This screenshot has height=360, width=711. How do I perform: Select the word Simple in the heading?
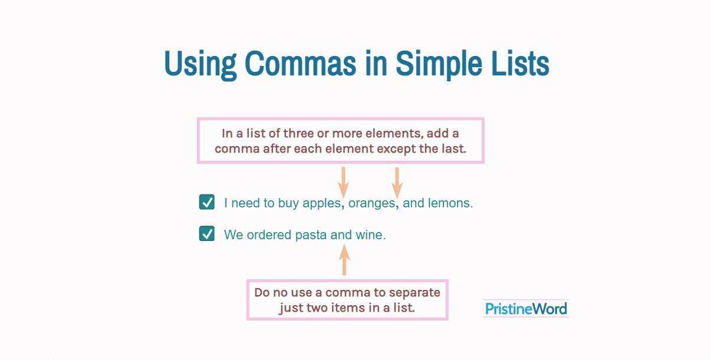(x=439, y=65)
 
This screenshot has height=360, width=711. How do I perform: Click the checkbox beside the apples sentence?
(x=207, y=202)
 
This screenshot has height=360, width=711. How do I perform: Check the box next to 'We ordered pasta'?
(x=207, y=233)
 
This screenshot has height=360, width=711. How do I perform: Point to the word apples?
(x=322, y=204)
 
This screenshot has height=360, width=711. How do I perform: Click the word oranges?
(x=371, y=204)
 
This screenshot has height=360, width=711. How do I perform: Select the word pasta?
(x=311, y=235)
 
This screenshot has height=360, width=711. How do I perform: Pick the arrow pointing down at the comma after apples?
(x=344, y=183)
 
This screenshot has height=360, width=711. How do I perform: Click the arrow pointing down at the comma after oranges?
(x=397, y=183)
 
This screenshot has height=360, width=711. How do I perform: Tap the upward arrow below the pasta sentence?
(x=344, y=259)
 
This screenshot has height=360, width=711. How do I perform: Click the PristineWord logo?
(x=526, y=309)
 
